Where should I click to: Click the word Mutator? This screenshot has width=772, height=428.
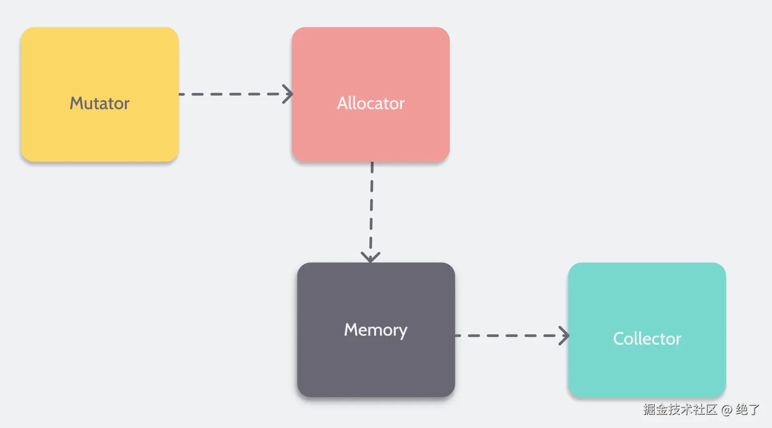[99, 103]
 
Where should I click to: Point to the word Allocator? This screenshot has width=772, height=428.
[371, 103]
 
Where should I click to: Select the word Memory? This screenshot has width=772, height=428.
[376, 330]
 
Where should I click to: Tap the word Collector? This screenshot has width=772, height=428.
[647, 338]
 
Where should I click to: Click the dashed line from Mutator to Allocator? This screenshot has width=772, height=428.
[229, 94]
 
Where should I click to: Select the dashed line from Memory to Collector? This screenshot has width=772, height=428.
[507, 335]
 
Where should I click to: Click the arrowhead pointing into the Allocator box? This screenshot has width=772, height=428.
[289, 94]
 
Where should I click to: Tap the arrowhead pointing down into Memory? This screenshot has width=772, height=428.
[371, 257]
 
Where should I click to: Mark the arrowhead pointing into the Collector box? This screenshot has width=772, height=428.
[564, 335]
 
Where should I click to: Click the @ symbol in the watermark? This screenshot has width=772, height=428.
[726, 410]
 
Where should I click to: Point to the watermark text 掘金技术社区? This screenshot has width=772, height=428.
[679, 410]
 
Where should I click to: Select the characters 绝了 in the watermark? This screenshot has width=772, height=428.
[748, 410]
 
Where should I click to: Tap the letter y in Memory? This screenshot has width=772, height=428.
[402, 332]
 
